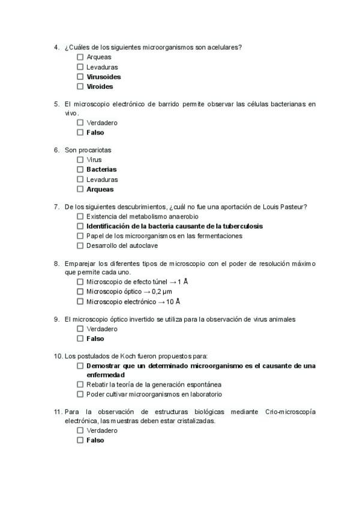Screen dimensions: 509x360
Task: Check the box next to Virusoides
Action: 80,77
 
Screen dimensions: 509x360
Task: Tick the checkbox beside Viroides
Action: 80,86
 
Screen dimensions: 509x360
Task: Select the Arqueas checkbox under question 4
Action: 80,57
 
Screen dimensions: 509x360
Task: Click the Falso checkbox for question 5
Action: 80,133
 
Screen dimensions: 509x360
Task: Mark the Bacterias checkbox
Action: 80,170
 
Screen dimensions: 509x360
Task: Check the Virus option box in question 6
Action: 80,160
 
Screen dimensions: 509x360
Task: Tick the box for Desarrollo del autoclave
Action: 80,246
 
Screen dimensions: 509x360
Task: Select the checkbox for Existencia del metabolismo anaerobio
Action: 80,217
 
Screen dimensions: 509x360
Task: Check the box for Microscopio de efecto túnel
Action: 80,282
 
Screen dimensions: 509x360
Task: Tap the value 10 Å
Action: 173,302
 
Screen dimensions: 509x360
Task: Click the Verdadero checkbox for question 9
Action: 80,330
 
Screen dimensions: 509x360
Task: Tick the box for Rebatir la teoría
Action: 80,385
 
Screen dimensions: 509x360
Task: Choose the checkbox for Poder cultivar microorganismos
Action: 80,395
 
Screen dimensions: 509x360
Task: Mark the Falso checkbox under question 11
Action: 80,441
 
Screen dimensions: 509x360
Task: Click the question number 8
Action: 56,264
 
